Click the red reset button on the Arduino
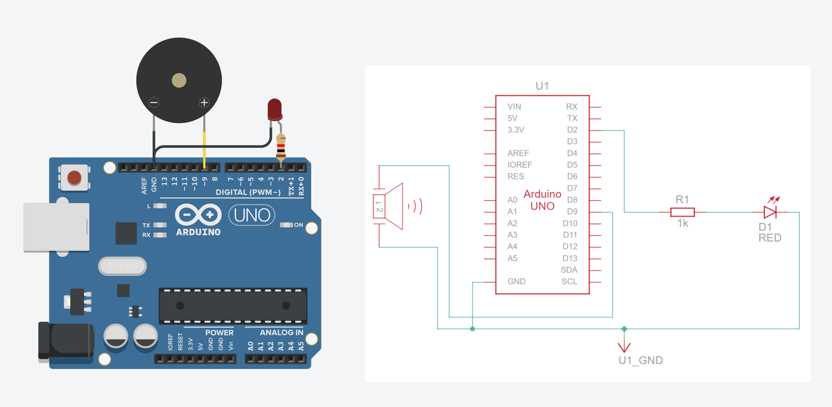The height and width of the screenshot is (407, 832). click(x=74, y=178)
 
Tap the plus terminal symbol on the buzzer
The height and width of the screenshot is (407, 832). click(x=204, y=102)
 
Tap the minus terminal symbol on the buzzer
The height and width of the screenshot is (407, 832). click(x=154, y=102)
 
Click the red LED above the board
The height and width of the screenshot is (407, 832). click(x=275, y=108)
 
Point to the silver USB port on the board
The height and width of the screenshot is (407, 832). click(x=56, y=227)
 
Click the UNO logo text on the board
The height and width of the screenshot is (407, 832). click(x=252, y=215)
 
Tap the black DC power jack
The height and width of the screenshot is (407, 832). click(x=66, y=341)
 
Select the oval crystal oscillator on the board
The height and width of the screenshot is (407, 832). click(x=123, y=266)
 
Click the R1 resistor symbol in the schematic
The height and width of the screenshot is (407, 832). click(x=682, y=212)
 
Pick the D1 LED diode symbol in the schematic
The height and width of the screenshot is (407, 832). click(x=770, y=212)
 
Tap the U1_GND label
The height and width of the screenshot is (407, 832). click(x=640, y=360)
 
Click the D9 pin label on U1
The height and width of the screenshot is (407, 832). click(x=572, y=212)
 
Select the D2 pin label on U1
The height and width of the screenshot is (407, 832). click(x=572, y=130)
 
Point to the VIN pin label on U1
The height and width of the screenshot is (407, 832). click(x=514, y=107)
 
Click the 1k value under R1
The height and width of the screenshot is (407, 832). click(x=682, y=224)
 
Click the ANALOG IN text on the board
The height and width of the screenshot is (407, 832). click(x=281, y=332)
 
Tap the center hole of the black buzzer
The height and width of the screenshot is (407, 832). click(x=179, y=81)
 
